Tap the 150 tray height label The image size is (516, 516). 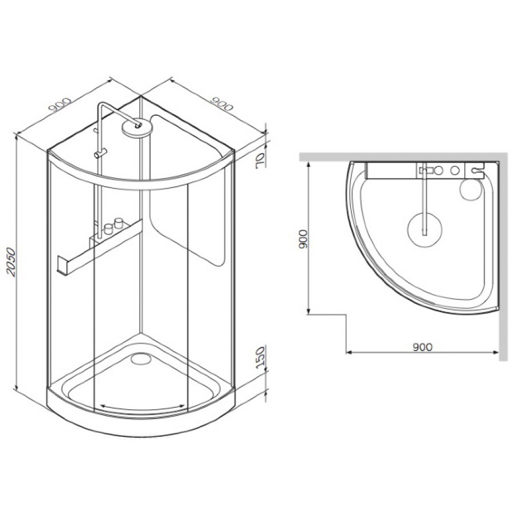pos(261,357)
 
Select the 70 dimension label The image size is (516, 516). pos(261,161)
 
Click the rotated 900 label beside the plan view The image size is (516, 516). pos(303,239)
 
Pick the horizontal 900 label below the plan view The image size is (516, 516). pos(422,347)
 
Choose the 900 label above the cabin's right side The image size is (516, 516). pos(221,103)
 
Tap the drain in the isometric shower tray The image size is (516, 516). pos(140,357)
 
